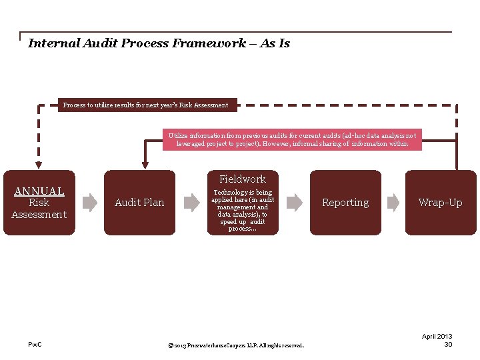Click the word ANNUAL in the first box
coord(39,191)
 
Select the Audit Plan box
coord(139,203)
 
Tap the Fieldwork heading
coord(243,179)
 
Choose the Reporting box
coord(345,203)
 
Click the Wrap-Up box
coord(440,203)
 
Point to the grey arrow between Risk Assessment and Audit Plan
coord(89,202)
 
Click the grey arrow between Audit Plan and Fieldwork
coord(191,202)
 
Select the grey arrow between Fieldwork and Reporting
coord(293,202)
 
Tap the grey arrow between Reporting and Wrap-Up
coord(394,202)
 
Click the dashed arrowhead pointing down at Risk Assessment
coord(39,163)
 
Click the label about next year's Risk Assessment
coord(145,105)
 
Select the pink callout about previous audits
coord(292,139)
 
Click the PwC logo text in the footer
coord(35,344)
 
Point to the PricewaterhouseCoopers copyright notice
coord(237,345)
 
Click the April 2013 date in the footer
coord(437,337)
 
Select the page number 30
coord(448,344)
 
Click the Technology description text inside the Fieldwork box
coord(243,210)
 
